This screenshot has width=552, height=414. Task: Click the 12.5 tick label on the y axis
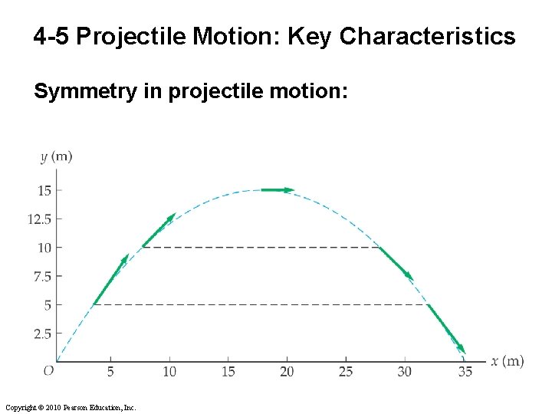pos(39,219)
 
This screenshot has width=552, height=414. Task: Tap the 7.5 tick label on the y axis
pos(42,276)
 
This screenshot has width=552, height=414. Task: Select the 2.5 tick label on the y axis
pos(42,333)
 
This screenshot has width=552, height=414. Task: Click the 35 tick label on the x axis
pos(464,372)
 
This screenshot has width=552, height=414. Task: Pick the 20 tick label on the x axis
pos(287,372)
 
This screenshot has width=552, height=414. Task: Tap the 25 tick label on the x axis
pos(346,372)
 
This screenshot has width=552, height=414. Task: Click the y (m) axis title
pos(57,157)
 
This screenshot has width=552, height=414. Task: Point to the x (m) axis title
pos(508,361)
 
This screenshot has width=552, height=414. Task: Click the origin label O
pos(48,371)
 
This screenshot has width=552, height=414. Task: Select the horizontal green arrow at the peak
pos(278,189)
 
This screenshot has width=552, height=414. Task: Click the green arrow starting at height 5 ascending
pos(110,280)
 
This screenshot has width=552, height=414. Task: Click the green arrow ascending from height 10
pos(159,230)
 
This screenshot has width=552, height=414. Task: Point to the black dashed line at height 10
pos(261,248)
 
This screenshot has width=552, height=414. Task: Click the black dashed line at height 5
pos(261,305)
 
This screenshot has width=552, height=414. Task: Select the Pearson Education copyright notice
pos(70,407)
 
